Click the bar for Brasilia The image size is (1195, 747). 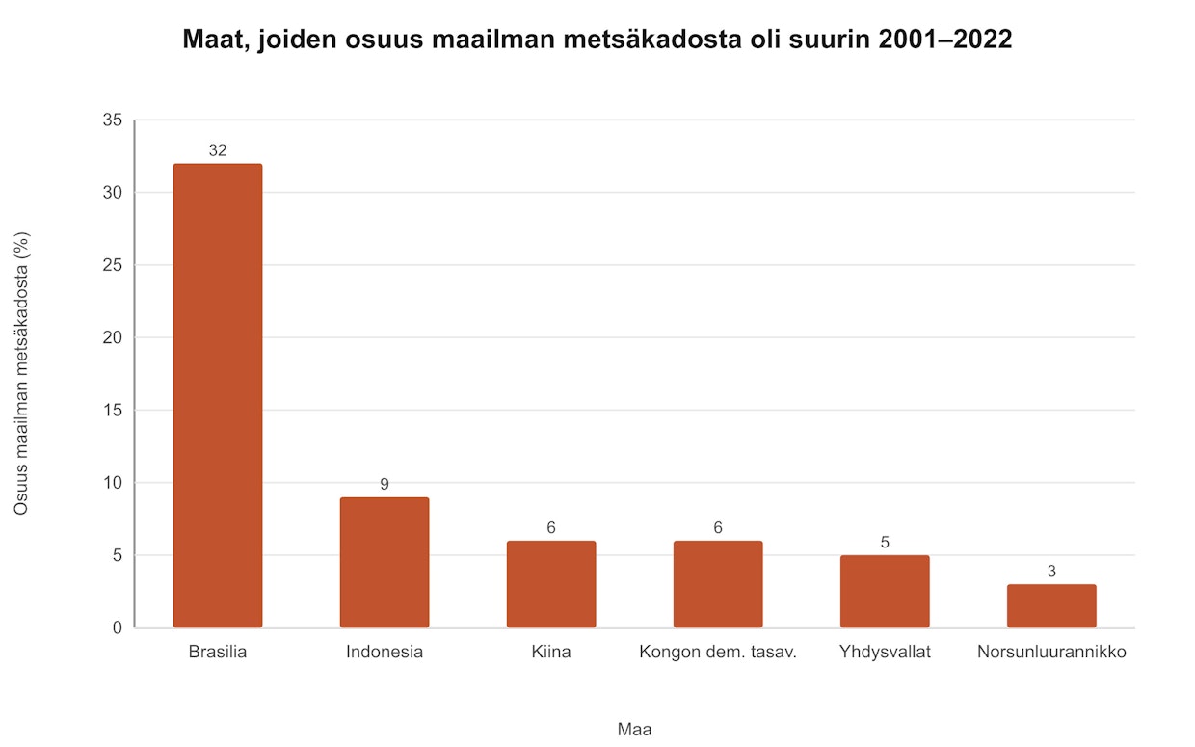coord(217,395)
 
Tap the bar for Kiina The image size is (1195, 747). coord(550,584)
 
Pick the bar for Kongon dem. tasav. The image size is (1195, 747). coord(718,584)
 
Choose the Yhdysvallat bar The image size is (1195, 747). coord(885,591)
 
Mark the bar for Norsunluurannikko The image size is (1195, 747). coord(1051,605)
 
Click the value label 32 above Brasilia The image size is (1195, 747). coord(217,150)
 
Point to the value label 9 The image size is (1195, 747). coord(384,484)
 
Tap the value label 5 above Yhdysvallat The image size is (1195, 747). coord(885,542)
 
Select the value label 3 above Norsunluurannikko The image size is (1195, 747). coord(1051,571)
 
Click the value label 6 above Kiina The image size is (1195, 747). coord(550,527)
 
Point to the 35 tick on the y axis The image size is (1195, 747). coord(113,120)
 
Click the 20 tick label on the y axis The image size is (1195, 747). coord(113,337)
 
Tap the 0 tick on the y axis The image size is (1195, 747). coord(118,627)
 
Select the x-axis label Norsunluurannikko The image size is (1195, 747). coord(1051,652)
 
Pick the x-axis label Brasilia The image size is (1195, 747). coord(217,652)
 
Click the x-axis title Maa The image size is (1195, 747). coord(634,730)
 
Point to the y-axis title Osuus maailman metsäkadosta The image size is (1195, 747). coord(21,374)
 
